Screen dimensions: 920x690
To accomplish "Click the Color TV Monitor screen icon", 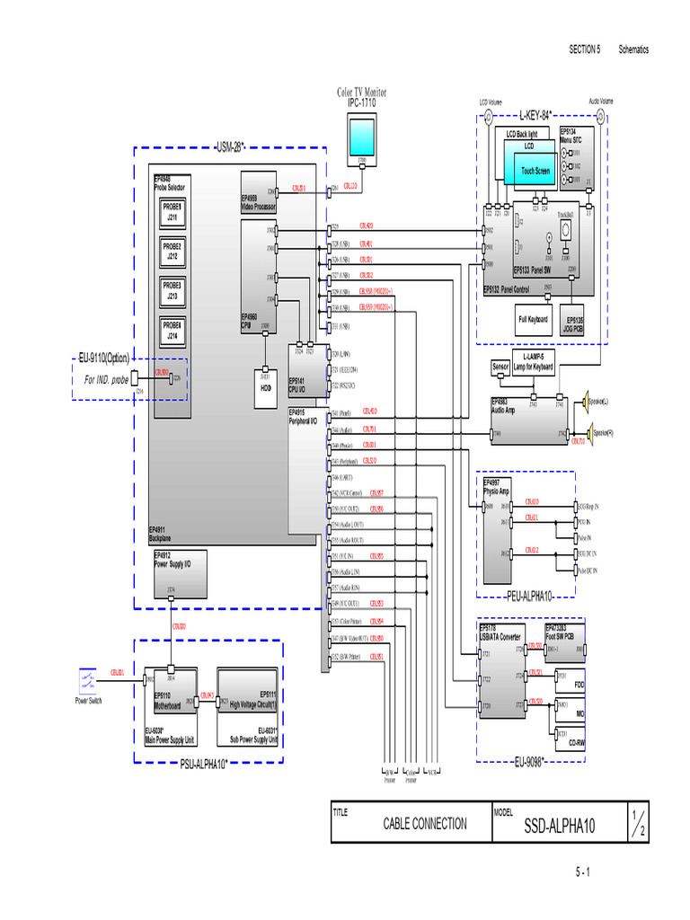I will (x=361, y=138).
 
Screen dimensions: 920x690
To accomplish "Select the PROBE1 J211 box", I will (x=172, y=212).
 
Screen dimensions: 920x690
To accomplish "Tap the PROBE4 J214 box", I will (x=172, y=331).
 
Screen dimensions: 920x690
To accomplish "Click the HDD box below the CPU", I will (x=265, y=385).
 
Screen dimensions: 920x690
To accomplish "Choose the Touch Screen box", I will (x=536, y=169).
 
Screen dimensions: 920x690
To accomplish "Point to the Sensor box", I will (x=500, y=367).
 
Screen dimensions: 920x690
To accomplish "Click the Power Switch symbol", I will (x=88, y=680).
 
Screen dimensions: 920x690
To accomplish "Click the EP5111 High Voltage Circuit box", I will (x=247, y=699).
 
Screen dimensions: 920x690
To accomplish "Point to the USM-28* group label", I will (x=230, y=146).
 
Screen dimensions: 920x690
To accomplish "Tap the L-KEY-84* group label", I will (x=535, y=115).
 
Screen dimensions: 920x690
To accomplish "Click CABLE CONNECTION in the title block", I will (x=425, y=823).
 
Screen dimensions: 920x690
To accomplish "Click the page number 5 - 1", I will (x=582, y=872).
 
